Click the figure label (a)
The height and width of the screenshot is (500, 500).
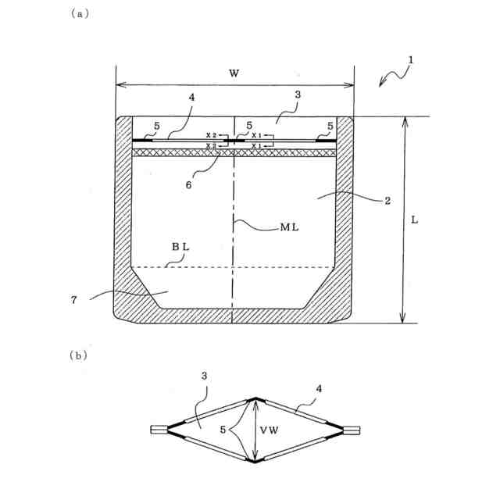[x=77, y=14]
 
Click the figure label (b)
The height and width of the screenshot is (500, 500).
[x=78, y=355]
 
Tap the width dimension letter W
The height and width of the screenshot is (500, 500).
[x=234, y=73]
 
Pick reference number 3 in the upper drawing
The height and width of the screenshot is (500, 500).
[x=298, y=95]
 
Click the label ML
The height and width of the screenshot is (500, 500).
[x=290, y=228]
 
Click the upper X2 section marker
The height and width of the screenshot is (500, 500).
[x=211, y=136]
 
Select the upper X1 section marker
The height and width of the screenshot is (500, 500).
[x=257, y=136]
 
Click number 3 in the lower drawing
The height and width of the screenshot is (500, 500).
[x=203, y=376]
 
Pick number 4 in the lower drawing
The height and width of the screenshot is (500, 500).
[x=319, y=387]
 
